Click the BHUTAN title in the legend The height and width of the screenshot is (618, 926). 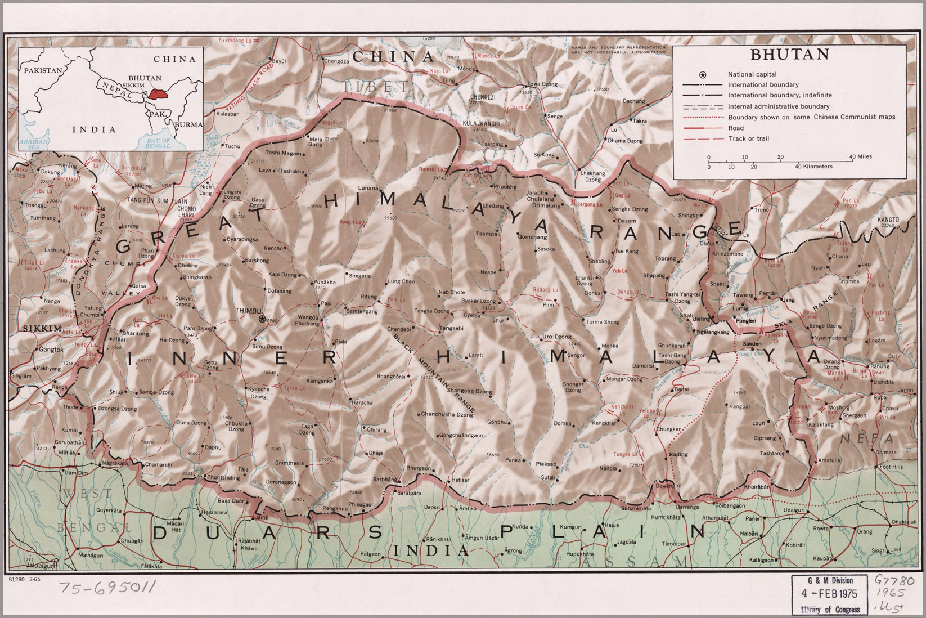789,55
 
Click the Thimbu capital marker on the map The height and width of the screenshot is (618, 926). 262,319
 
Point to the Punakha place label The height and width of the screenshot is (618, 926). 325,281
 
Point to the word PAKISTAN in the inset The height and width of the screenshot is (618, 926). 43,71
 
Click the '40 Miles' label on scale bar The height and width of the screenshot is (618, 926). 861,156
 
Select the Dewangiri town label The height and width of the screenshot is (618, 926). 664,485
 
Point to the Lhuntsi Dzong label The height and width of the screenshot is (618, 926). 584,281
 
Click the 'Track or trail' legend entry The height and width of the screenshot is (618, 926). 748,138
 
